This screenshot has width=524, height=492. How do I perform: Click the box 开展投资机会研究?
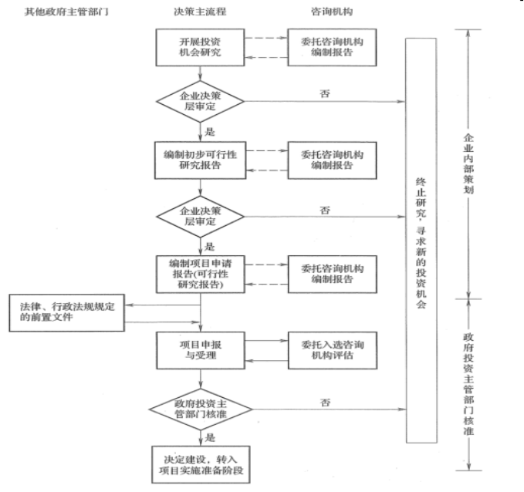(200, 47)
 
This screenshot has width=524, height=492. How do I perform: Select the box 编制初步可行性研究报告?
(200, 158)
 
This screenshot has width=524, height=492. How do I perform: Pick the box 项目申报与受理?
(200, 349)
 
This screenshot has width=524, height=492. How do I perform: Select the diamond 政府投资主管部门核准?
(200, 409)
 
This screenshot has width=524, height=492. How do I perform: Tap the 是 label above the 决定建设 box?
(210, 436)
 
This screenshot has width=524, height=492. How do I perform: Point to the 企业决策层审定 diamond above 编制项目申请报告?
(200, 215)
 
